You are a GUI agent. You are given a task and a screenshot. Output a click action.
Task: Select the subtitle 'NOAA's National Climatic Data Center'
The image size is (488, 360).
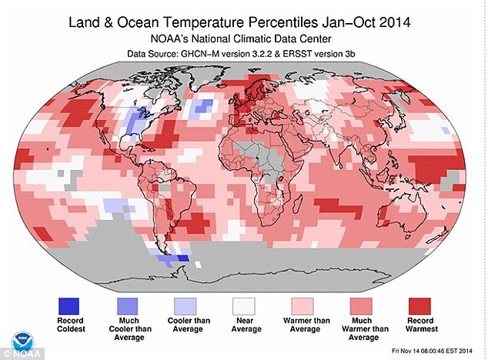coord(246,37)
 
